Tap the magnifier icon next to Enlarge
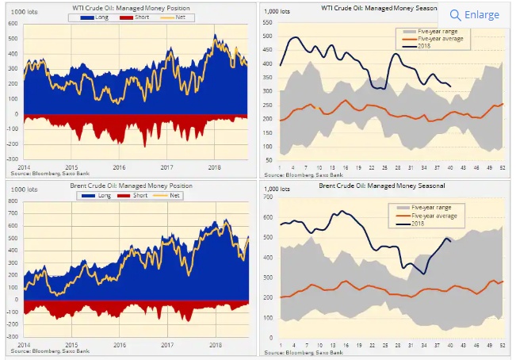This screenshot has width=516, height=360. pyautogui.click(x=455, y=14)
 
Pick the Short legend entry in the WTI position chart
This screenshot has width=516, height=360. pyautogui.click(x=141, y=17)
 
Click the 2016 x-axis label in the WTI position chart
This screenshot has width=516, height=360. pyautogui.click(x=118, y=167)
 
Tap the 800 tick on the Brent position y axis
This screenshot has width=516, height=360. pyautogui.click(x=13, y=201)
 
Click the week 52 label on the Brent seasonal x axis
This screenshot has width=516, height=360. pyautogui.click(x=502, y=345)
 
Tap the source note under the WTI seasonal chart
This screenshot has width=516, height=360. pyautogui.click(x=301, y=174)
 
